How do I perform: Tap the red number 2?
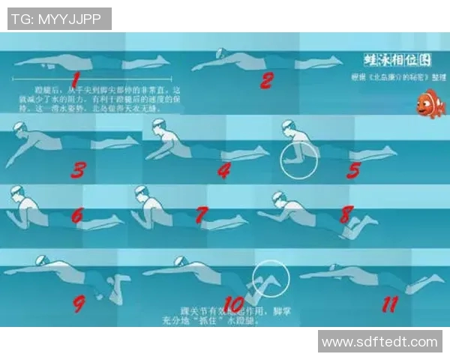266,79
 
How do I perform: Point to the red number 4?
223,170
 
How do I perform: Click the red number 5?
353,170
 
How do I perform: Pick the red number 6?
76,215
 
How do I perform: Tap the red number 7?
201,215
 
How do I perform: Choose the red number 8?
345,214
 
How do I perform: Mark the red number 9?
79,304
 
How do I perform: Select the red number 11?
389,304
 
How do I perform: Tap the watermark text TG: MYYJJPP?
59,19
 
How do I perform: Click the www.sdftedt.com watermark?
379,342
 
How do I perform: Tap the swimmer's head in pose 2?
219,54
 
